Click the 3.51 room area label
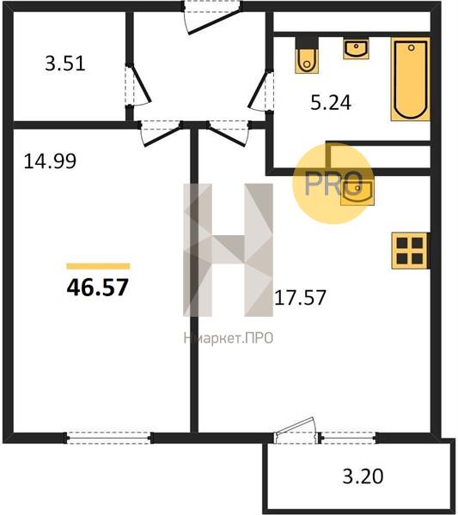pos(65,64)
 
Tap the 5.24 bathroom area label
pos(331,102)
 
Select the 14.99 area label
pos(50,161)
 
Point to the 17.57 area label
pos(300,298)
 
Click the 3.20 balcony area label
pos(363,476)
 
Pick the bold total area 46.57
pos(97,288)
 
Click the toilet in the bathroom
pos(307,56)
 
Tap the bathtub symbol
pos(411,79)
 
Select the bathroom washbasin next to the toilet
pos(356,49)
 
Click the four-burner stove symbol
pos(410,251)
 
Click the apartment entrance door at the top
pos(212,17)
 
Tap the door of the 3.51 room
pos(137,85)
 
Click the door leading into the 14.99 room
pos(162,133)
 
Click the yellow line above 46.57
pos(98,266)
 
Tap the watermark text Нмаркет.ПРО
pos(229,338)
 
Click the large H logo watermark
pos(229,250)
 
